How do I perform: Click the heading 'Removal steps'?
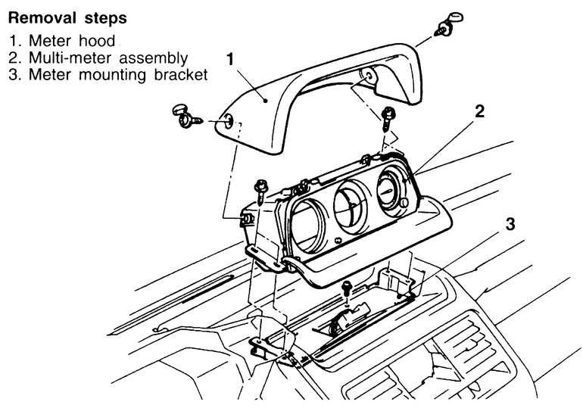point(67,18)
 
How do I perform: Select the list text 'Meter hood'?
point(72,41)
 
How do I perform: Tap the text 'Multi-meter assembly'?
point(108,58)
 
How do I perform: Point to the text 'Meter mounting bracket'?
point(118,74)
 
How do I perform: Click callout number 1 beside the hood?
point(230,59)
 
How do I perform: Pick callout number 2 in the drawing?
point(479,111)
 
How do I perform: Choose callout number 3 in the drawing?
point(510,224)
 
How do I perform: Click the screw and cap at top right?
point(448,24)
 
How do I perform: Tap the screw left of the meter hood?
point(187,117)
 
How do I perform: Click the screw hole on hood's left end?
point(229,120)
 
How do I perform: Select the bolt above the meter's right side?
point(388,119)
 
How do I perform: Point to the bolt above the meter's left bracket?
point(260,192)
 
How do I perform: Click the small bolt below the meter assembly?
point(347,288)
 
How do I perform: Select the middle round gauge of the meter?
point(351,207)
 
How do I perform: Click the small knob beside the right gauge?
point(404,202)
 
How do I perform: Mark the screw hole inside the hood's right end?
point(369,76)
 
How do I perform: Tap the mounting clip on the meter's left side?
point(247,219)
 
